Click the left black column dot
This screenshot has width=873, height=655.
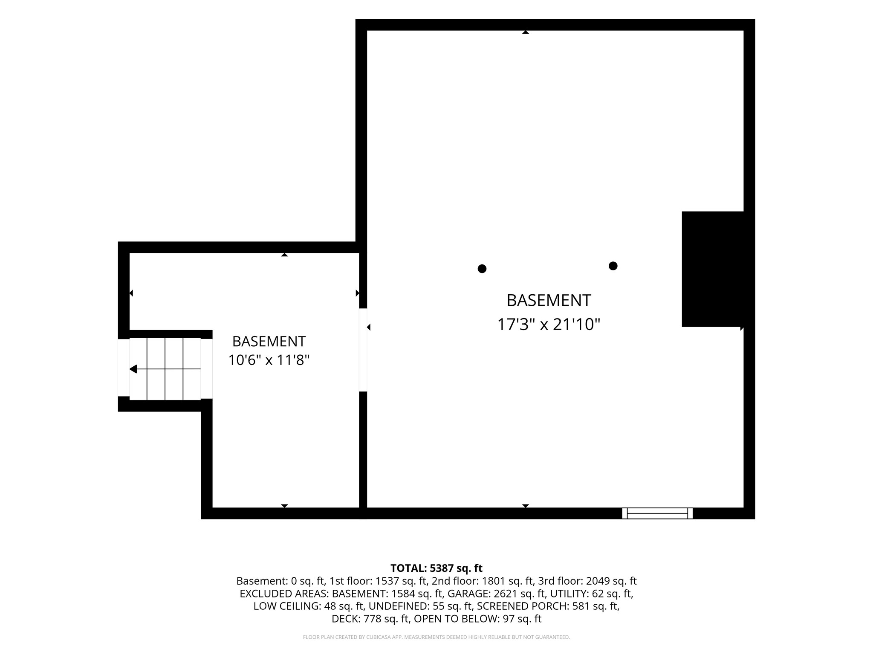[482, 269]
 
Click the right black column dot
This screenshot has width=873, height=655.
[613, 266]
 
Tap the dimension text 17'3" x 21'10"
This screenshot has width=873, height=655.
[549, 325]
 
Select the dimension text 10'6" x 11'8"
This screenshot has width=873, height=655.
[269, 360]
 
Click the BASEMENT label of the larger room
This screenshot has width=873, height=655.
[549, 301]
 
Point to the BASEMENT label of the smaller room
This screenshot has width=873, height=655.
[269, 342]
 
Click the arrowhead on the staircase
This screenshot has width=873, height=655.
[133, 369]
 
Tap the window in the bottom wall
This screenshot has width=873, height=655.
[657, 513]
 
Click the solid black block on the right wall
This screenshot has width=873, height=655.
[713, 269]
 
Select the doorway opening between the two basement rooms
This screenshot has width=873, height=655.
[363, 350]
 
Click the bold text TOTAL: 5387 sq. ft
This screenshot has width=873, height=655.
[436, 568]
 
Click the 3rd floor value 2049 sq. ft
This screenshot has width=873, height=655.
[611, 581]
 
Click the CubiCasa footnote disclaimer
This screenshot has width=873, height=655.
[436, 638]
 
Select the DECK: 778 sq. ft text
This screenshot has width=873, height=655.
[370, 619]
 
